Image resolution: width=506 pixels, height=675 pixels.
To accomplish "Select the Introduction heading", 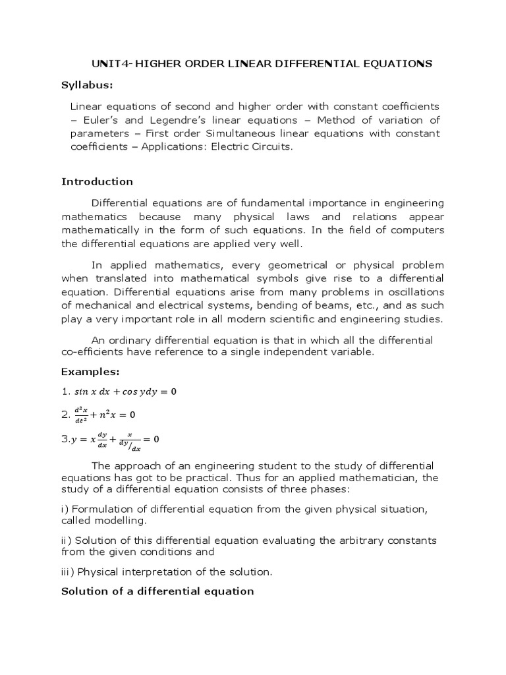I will pyautogui.click(x=97, y=181).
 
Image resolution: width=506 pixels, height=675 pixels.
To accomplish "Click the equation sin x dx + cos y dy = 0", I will pyautogui.click(x=125, y=392).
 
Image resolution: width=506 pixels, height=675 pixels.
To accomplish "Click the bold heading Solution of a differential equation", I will pyautogui.click(x=157, y=591).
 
